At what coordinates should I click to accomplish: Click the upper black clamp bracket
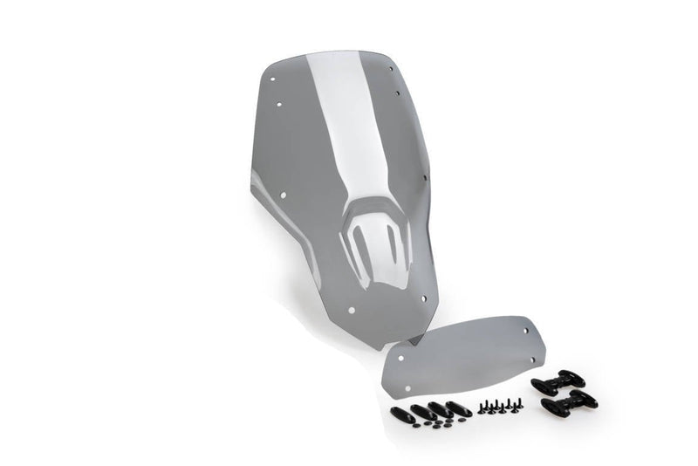[x=558, y=381]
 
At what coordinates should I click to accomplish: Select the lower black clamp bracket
[x=569, y=403]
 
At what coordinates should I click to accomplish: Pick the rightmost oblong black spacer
[x=459, y=408]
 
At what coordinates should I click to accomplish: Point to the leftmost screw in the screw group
[x=480, y=409]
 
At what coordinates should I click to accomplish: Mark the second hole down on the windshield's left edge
[x=279, y=106]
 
